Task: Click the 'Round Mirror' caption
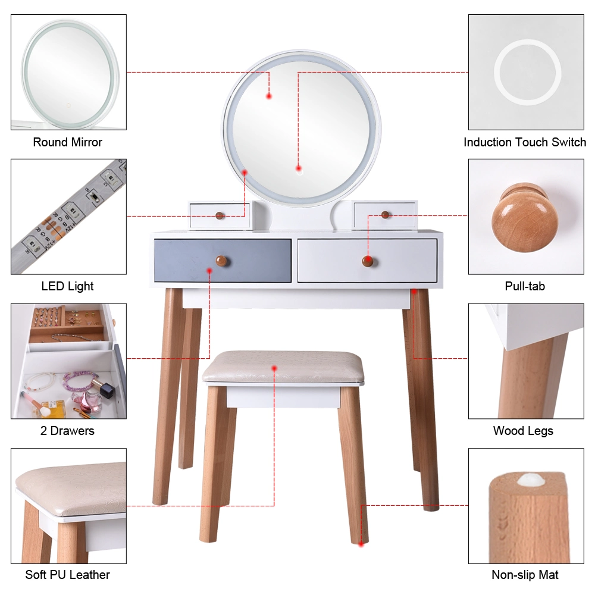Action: tap(68, 142)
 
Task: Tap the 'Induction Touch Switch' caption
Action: tap(525, 142)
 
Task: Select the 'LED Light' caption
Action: tap(68, 287)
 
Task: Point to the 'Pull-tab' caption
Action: tap(525, 286)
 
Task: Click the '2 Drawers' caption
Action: tap(68, 431)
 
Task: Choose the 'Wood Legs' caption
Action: tap(523, 431)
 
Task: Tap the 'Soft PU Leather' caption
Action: tap(68, 575)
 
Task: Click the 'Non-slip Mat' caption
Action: tap(525, 575)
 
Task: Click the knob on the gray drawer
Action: tap(221, 261)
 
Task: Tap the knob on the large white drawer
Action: tap(367, 261)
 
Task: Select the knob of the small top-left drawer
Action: tap(220, 216)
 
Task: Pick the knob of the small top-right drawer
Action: tap(385, 215)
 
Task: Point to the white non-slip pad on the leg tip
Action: tap(530, 480)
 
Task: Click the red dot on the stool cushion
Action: tap(274, 368)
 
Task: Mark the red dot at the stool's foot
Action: tap(361, 544)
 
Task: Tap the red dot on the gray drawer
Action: tap(209, 271)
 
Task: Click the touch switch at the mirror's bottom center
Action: tap(300, 172)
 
